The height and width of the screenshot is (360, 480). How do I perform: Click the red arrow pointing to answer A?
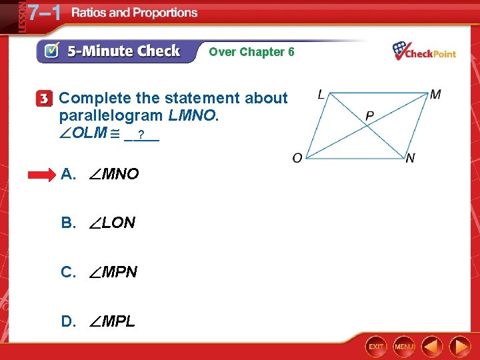point(41,175)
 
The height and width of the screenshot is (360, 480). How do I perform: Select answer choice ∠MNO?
point(100,175)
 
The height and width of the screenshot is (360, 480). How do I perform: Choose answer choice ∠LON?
point(98,223)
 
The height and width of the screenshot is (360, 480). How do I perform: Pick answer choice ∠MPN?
point(99,272)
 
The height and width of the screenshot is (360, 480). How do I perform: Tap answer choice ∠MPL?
point(98,321)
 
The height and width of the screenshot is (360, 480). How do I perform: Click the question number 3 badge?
point(43,99)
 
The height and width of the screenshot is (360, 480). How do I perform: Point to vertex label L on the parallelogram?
point(321,95)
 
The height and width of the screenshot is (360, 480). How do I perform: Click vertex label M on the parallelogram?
point(435,95)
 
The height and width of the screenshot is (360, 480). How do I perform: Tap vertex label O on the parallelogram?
point(297,158)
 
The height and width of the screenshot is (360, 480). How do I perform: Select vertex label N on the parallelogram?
point(410,158)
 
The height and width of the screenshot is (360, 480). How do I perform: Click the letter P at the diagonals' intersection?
point(369,117)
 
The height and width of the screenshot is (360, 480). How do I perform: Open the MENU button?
point(404,347)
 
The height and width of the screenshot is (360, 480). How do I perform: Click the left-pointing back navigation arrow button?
point(433,347)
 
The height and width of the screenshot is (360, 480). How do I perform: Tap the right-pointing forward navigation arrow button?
point(459,347)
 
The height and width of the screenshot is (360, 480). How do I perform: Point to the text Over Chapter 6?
point(251,51)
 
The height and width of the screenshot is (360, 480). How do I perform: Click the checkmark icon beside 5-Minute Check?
point(50,51)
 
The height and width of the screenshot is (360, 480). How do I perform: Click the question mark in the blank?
point(141,136)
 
